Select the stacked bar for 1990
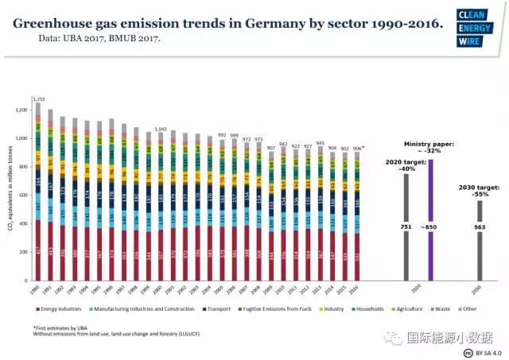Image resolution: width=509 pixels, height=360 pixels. (x=37, y=191)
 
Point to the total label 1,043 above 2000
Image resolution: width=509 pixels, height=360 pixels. (x=160, y=129)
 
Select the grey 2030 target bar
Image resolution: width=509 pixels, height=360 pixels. (x=480, y=239)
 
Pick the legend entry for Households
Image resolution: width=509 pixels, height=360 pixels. (x=370, y=308)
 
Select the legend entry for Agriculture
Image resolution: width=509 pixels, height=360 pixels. (x=412, y=308)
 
